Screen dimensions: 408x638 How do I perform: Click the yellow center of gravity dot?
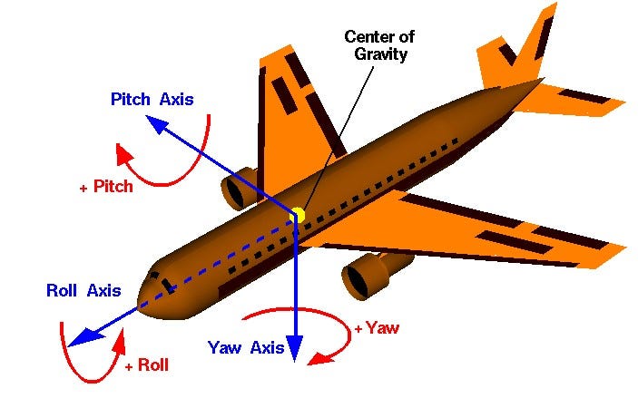point(297,215)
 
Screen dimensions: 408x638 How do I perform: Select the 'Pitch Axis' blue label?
point(152,99)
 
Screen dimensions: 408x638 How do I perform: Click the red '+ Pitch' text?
point(106,187)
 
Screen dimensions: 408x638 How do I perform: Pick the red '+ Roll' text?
point(146,365)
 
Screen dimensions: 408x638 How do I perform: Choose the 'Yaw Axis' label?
point(246,347)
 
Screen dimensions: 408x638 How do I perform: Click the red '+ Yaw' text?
point(377,328)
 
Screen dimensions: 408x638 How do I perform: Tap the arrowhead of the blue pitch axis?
point(155,126)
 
